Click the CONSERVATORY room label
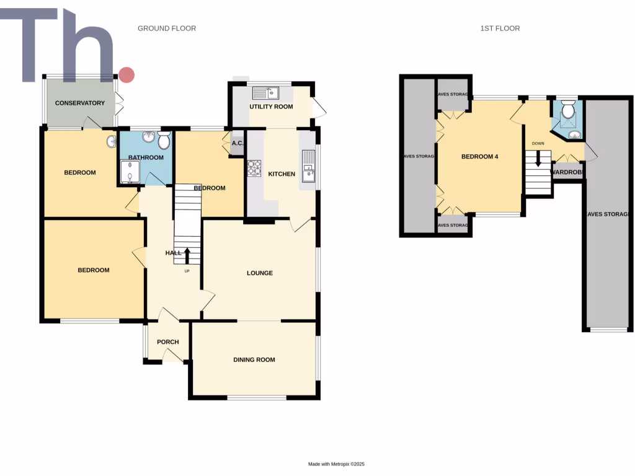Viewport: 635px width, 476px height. click(80, 103)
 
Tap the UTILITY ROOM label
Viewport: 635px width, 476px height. click(271, 107)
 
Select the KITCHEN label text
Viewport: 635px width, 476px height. click(282, 174)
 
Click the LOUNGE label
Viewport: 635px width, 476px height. click(260, 273)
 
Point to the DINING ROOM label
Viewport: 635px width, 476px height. click(254, 359)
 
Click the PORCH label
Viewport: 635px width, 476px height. click(167, 342)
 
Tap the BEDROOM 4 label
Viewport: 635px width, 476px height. click(480, 157)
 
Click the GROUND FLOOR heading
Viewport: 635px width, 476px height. click(167, 29)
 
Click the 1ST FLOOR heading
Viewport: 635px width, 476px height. click(500, 29)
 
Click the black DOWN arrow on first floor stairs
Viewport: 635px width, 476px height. click(538, 159)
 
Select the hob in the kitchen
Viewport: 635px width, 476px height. click(254, 169)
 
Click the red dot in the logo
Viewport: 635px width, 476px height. click(127, 75)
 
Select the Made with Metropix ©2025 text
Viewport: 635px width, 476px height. click(341, 464)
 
